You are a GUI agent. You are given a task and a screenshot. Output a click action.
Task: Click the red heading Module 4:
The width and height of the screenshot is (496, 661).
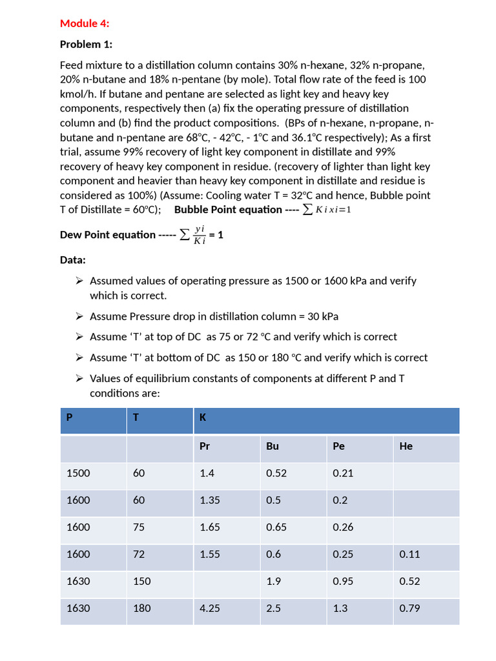click(85, 23)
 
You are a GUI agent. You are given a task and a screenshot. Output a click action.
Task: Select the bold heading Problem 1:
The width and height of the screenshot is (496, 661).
click(86, 45)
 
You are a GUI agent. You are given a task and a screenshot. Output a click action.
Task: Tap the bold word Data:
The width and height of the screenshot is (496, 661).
click(73, 259)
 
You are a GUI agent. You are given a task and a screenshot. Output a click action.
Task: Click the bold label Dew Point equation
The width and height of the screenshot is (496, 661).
click(108, 235)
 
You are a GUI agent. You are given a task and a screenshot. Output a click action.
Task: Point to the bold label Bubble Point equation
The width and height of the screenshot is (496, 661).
click(228, 210)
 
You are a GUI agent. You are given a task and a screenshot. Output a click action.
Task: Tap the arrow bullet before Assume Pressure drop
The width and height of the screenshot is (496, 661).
click(79, 316)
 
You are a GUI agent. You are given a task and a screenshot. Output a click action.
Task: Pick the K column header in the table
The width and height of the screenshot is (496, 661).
click(203, 418)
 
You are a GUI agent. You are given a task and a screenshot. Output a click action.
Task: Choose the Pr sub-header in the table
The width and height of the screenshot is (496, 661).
click(205, 446)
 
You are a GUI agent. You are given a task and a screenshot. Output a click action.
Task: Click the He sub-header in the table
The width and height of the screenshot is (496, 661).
click(406, 446)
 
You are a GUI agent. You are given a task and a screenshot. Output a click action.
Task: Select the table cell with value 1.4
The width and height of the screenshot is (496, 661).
click(207, 473)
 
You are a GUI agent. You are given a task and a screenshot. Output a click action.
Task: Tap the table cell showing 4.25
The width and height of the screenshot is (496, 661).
click(210, 608)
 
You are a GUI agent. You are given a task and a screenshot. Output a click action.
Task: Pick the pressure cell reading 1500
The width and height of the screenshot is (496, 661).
click(78, 473)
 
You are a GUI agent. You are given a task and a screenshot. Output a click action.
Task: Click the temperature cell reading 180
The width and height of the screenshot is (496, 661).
click(141, 608)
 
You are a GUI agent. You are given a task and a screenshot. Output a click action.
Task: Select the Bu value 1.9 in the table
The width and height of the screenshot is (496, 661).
click(273, 581)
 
